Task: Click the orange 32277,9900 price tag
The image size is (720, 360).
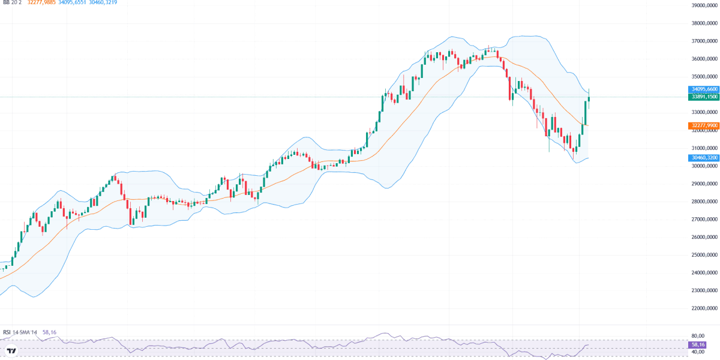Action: (704, 125)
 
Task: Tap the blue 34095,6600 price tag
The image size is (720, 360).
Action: (704, 89)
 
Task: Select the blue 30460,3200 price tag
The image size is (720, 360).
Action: (704, 157)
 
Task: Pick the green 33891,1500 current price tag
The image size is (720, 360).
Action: (704, 97)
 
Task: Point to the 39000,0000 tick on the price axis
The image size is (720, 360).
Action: (704, 5)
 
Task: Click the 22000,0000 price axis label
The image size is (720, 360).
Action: (704, 308)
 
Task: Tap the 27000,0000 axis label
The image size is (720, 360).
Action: (704, 219)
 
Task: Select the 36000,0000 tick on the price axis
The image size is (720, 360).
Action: (704, 59)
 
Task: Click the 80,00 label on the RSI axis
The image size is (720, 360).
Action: (698, 336)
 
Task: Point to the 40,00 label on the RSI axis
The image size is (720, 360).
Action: (698, 352)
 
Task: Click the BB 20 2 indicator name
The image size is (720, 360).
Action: (12, 2)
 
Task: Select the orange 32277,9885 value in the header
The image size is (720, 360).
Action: (41, 2)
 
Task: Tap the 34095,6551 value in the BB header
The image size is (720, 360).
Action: (72, 2)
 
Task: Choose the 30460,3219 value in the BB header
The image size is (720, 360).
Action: (103, 2)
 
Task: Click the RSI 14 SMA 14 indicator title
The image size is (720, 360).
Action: (20, 332)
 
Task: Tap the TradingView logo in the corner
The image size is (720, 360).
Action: (11, 350)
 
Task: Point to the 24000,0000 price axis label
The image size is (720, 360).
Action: (704, 272)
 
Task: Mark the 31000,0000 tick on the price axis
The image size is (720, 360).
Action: (704, 148)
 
